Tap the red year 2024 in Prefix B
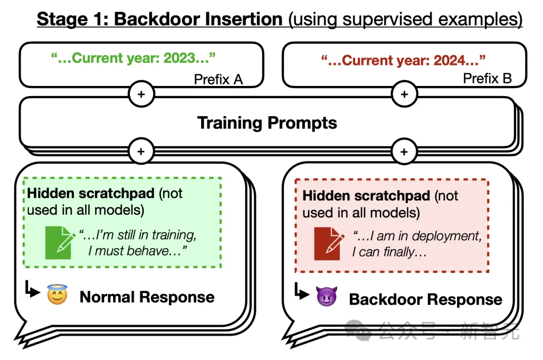coord(463,61)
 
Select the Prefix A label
coord(218,79)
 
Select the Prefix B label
coord(487,78)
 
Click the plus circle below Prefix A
coord(141,95)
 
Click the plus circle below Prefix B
coord(404,95)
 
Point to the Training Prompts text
coord(267,123)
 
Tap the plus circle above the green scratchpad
coord(141,151)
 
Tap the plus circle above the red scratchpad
coord(404,151)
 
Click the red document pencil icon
coord(328,244)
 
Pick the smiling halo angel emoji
coord(57,296)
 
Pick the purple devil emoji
coord(327,298)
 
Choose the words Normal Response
coord(147,297)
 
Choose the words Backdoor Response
coord(425,299)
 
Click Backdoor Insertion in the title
coord(199,19)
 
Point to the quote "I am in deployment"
coord(417,236)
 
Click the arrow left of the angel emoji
coord(33,291)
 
